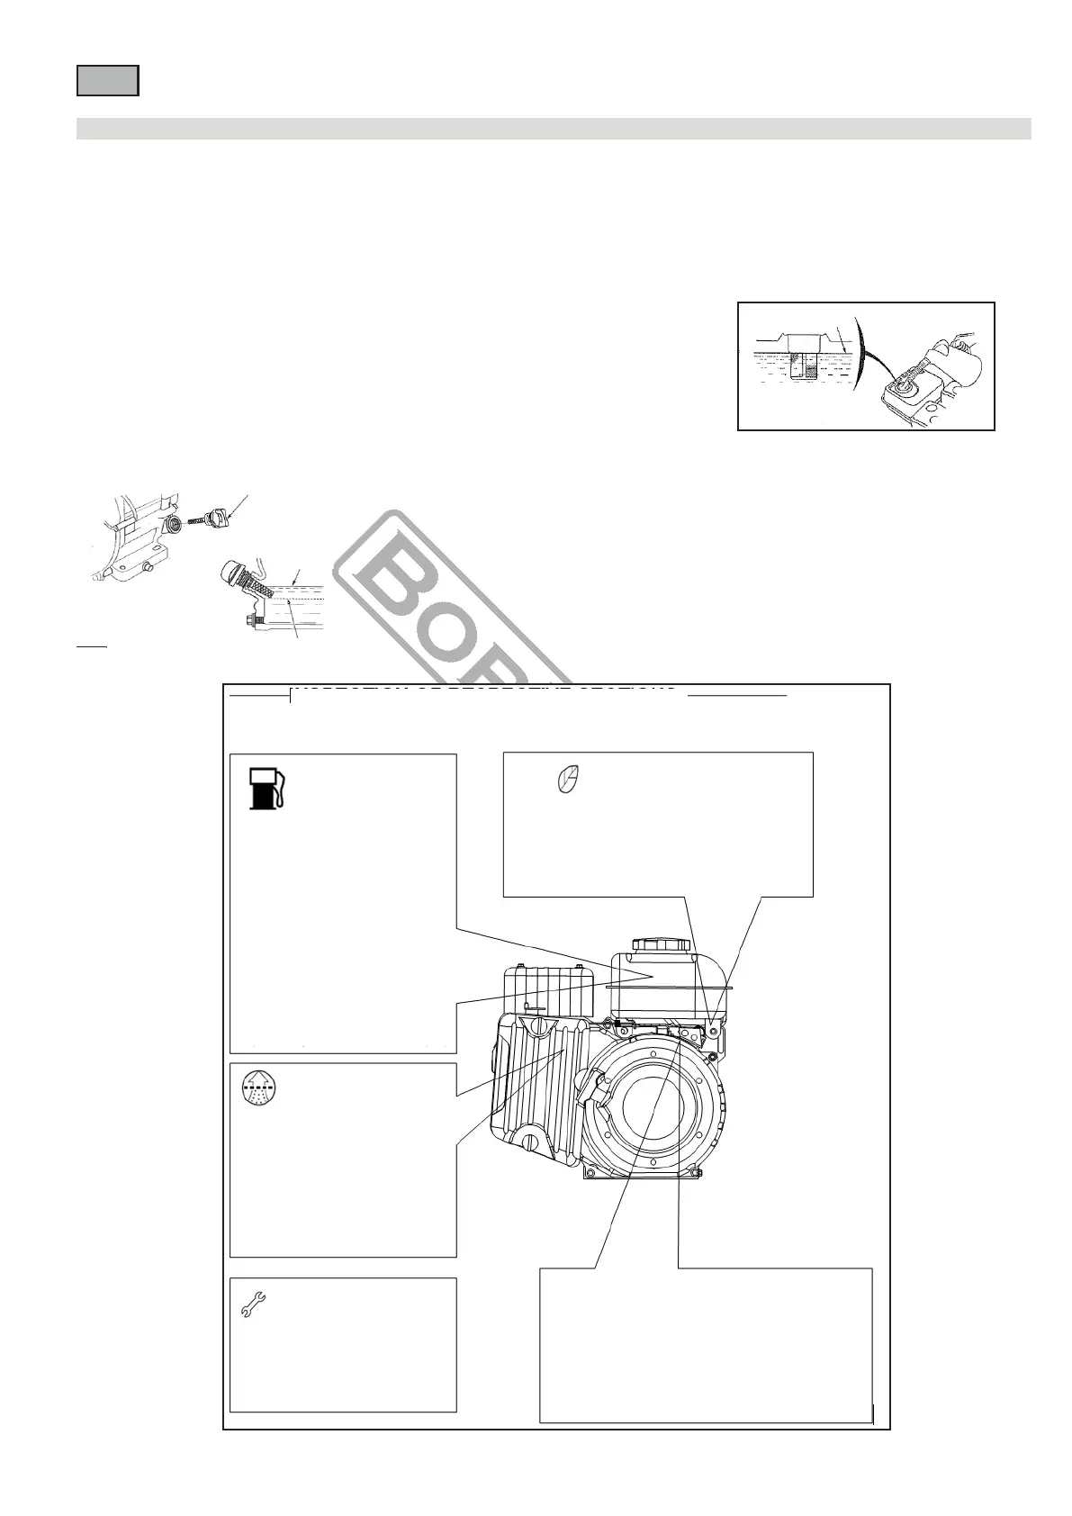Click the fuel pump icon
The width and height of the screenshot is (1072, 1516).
tap(267, 789)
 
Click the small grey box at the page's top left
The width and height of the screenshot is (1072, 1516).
tap(107, 80)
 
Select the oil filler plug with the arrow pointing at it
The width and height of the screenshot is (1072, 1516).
tap(216, 518)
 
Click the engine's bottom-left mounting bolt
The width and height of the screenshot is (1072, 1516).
tap(590, 1173)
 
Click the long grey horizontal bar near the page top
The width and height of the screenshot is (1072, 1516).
tap(554, 129)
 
